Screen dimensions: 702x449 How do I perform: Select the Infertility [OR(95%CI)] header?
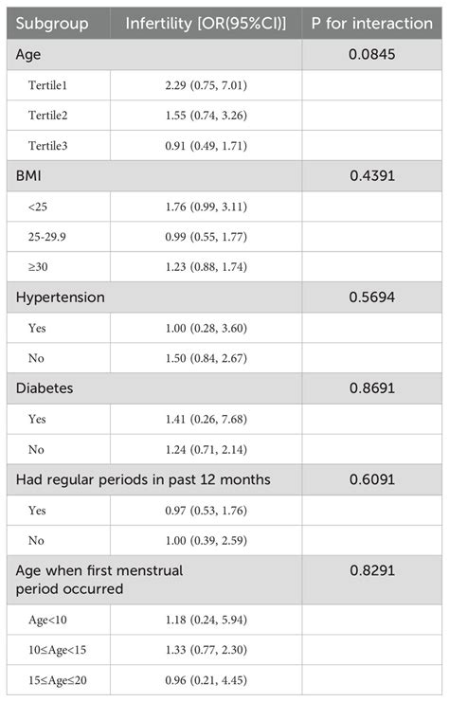(x=206, y=23)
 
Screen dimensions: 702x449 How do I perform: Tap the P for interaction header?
(x=375, y=23)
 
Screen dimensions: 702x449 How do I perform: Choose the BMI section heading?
(x=31, y=175)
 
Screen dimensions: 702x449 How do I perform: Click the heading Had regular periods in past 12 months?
(x=143, y=479)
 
